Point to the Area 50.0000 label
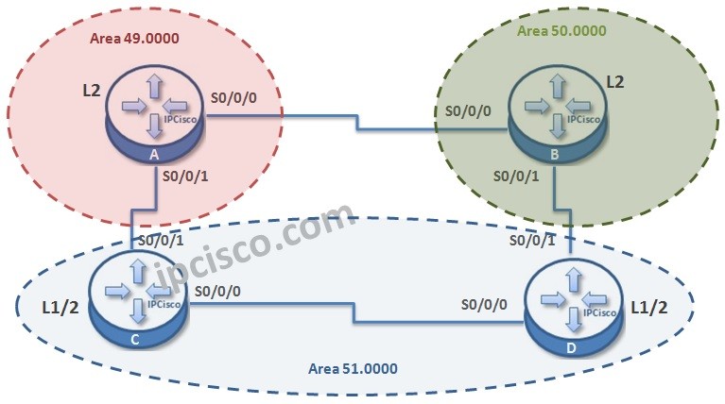tap(561, 30)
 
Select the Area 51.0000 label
tap(353, 367)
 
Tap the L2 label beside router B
tap(614, 82)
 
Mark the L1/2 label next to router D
tap(655, 305)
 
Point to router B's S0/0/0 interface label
tap(469, 110)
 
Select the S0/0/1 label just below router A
tap(186, 175)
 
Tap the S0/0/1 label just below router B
tap(517, 175)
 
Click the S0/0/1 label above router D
tap(532, 242)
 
